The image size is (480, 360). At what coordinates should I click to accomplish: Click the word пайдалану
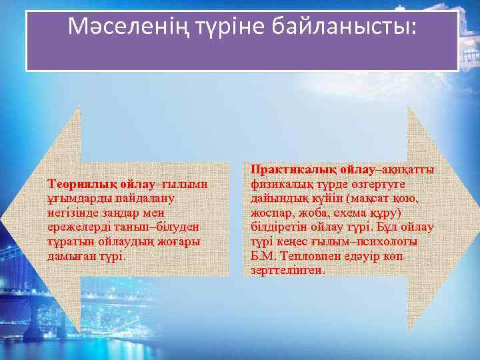pyautogui.click(x=136, y=198)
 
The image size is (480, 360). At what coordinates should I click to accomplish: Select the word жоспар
pyautogui.click(x=271, y=213)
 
